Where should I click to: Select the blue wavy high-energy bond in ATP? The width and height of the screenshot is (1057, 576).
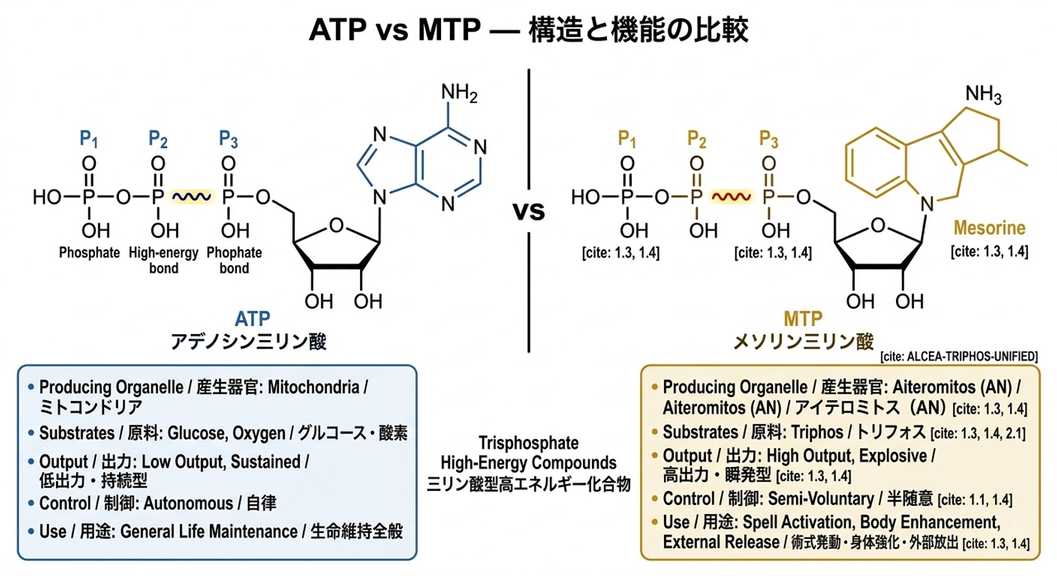[x=192, y=197]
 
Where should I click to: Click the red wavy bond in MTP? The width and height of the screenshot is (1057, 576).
[x=730, y=197]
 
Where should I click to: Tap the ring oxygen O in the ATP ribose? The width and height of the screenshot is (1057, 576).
[x=334, y=224]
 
